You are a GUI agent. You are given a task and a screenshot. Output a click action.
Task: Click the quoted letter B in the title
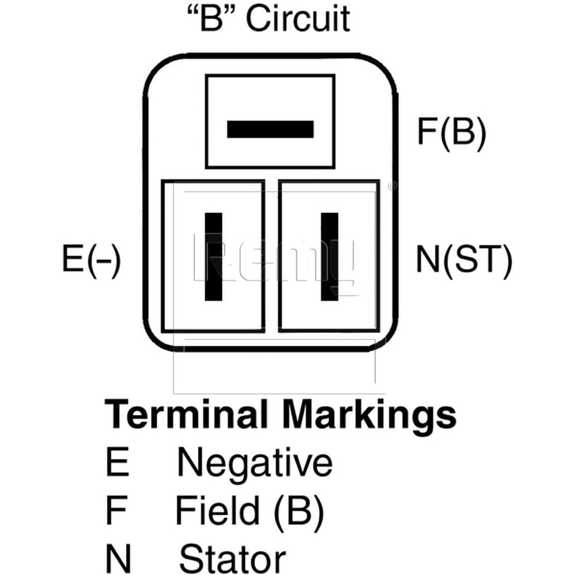coord(212,18)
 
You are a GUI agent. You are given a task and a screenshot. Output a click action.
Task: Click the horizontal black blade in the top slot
coord(270,129)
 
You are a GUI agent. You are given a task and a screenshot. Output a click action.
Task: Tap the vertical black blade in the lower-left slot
coord(214,257)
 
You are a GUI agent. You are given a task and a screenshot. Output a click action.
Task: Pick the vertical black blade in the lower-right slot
coord(330,257)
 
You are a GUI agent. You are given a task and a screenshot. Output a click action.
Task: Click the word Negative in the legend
coord(255,466)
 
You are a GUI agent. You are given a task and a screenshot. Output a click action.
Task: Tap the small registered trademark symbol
coord(393,186)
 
